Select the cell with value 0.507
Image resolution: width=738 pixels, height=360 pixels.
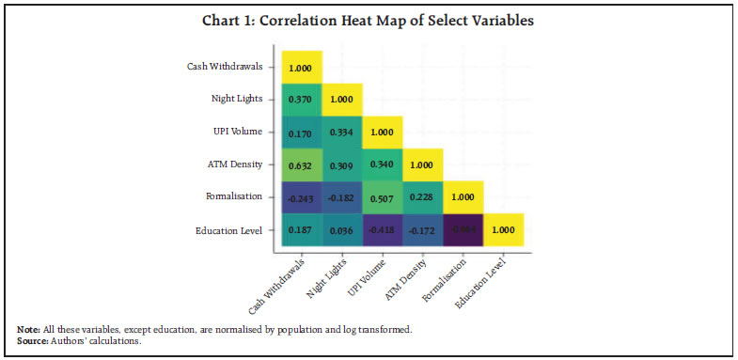pos(383,197)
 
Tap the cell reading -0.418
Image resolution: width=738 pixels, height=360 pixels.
pos(383,229)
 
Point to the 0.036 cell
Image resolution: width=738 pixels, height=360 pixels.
pos(342,229)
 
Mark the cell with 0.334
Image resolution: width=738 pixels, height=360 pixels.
pos(342,132)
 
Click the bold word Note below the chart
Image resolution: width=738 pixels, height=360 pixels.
pos(28,329)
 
